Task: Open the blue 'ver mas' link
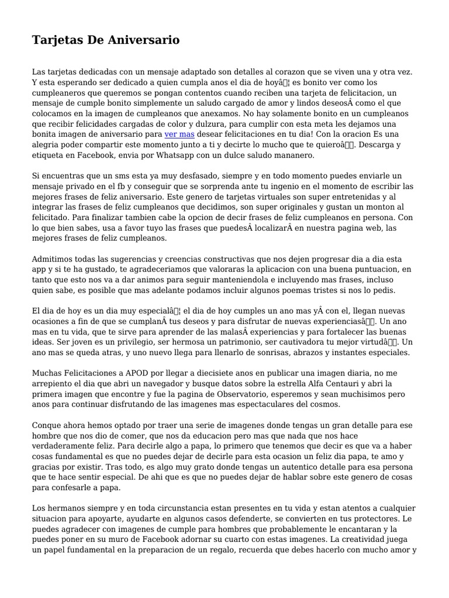click(179, 134)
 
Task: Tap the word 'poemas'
click(302, 290)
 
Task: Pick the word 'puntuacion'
click(373, 269)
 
